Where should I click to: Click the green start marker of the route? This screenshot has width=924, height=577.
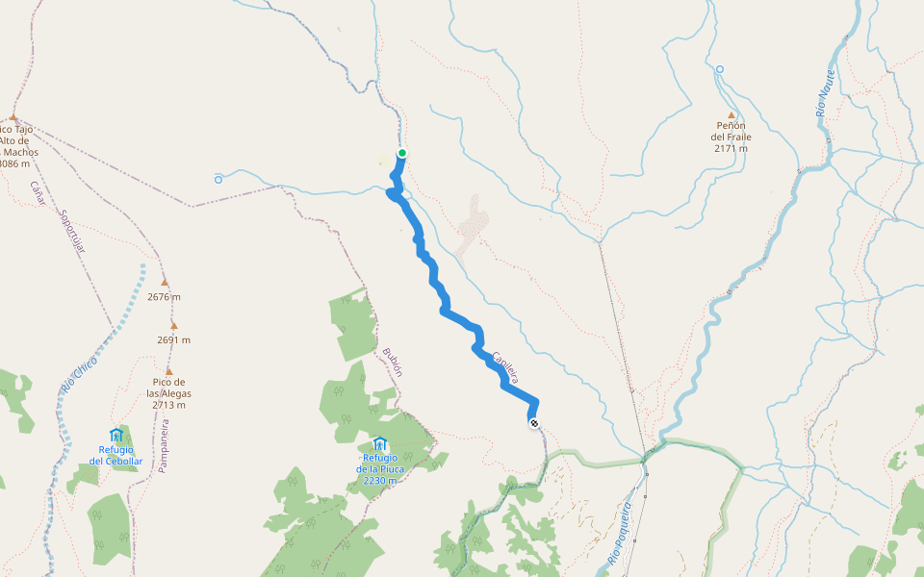coord(402,153)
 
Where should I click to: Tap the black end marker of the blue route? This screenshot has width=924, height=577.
coord(533,423)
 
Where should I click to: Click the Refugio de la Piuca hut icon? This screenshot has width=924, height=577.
coord(379,443)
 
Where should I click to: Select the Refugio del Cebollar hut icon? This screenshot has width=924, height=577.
coord(116,436)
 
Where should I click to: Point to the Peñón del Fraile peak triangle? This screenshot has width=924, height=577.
coord(731,115)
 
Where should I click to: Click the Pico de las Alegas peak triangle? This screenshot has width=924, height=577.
coord(169,371)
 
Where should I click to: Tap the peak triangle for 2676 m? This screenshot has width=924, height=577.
coord(165,283)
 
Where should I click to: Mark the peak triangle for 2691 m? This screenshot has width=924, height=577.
coord(174,326)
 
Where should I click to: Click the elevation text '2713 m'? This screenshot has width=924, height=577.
coord(168,405)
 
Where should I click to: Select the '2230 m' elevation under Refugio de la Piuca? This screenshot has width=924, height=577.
coord(380,480)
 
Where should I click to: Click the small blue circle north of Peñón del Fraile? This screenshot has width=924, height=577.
coord(719,69)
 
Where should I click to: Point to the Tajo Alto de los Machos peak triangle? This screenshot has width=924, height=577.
coord(13,116)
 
